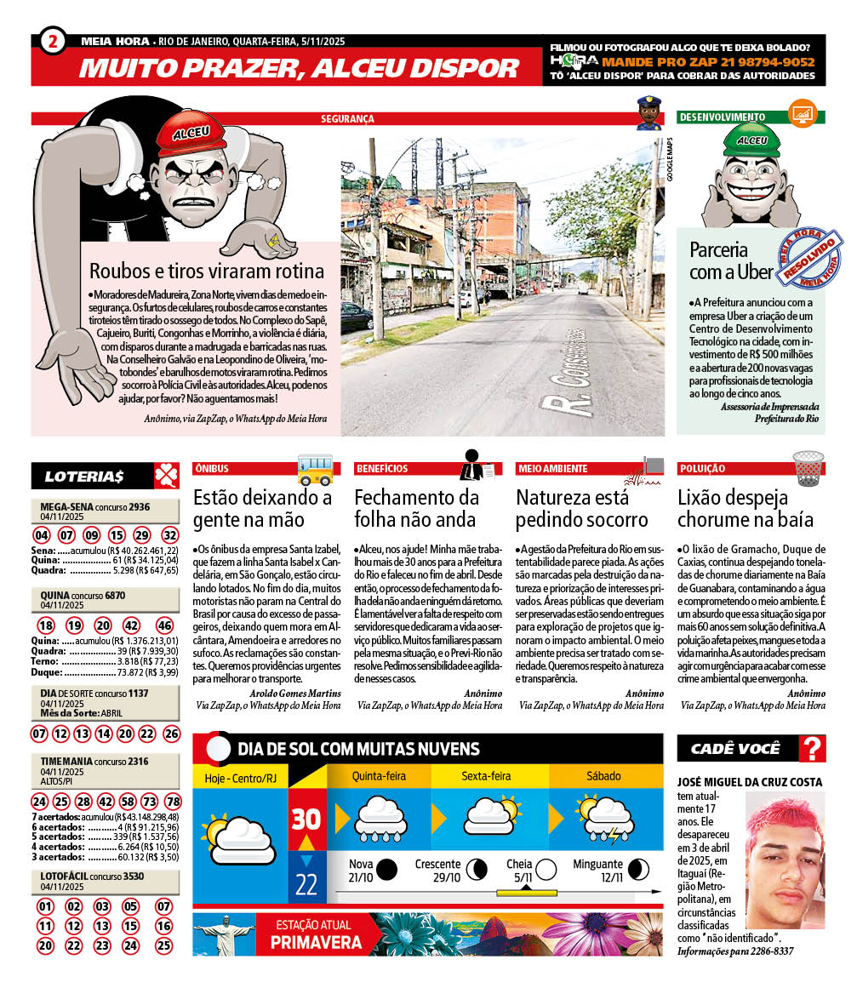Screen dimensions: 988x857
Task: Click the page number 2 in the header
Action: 53,42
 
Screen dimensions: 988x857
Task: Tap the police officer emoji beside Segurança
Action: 648,113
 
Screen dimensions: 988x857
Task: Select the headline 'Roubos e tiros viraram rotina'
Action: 207,271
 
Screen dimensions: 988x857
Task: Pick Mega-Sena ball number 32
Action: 169,535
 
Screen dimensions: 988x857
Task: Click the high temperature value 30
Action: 306,819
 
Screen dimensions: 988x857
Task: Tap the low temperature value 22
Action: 306,884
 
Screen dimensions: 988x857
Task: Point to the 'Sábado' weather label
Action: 603,776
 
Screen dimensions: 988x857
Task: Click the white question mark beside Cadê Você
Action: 814,749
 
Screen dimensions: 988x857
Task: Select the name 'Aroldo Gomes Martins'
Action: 295,694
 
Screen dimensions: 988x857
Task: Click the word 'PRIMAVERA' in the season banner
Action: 316,942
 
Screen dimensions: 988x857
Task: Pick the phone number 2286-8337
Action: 769,951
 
